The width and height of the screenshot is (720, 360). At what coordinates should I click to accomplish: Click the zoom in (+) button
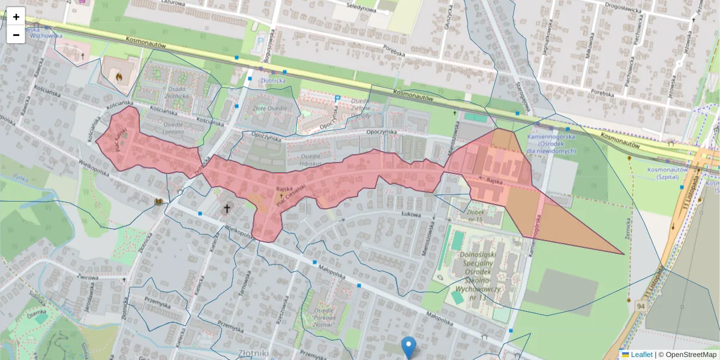16,17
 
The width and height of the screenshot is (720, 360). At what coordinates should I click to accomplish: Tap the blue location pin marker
409,346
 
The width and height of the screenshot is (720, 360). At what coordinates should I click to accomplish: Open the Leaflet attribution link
641,355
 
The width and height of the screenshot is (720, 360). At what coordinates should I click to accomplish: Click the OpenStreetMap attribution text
687,355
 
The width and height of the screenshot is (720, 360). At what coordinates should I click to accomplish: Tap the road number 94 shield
641,307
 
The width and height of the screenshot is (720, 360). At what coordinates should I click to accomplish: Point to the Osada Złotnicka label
178,92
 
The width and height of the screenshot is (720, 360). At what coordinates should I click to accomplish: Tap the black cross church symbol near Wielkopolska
227,209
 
